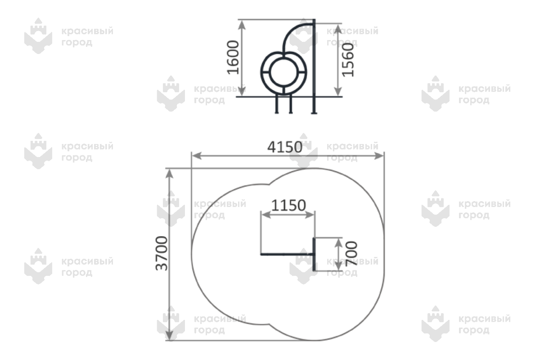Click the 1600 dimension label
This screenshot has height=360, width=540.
click(233, 58)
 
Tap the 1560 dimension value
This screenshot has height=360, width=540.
click(348, 60)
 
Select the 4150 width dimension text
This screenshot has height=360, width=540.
click(285, 147)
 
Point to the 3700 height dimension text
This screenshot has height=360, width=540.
click(162, 253)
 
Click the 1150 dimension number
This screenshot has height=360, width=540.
click(288, 206)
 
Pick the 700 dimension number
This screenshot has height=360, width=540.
click(351, 254)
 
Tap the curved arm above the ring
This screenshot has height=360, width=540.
click(295, 34)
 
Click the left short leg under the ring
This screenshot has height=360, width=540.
click(277, 104)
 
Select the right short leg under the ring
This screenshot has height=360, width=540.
click(291, 104)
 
